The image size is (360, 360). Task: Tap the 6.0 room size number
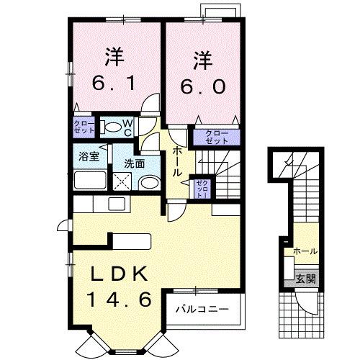[202, 86]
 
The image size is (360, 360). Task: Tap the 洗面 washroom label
[133, 163]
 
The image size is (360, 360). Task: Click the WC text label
[127, 127]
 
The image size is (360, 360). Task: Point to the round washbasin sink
[148, 183]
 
